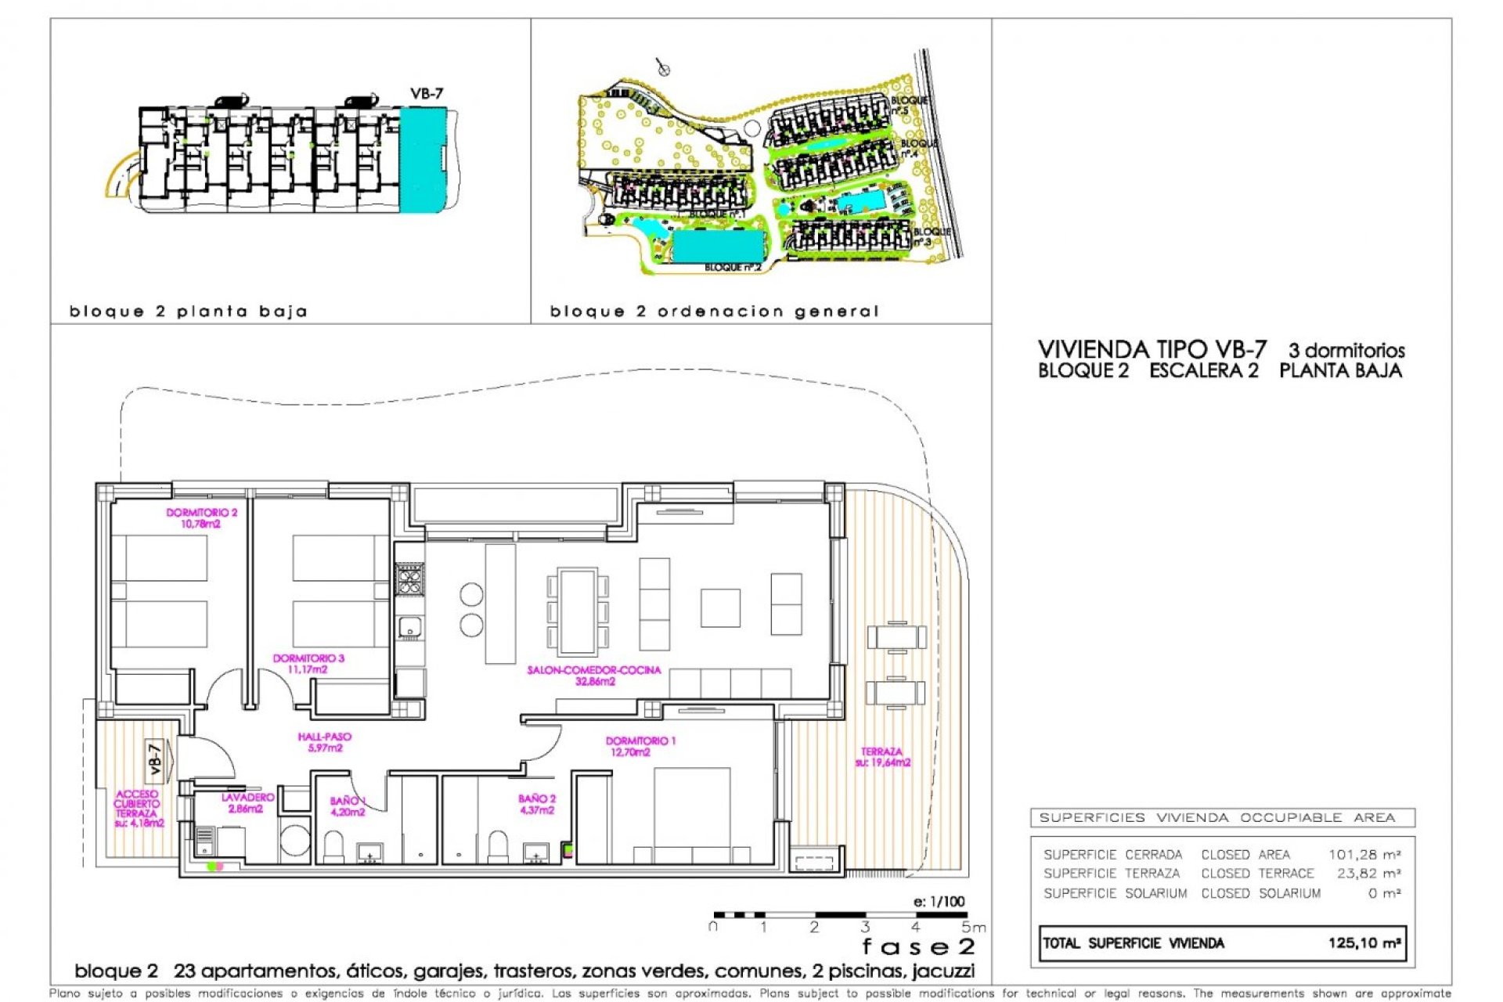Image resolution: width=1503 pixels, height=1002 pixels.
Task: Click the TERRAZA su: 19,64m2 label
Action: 882,757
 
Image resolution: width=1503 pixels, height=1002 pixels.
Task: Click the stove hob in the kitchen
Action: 409,580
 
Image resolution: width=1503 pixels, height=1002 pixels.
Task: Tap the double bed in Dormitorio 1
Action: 692,814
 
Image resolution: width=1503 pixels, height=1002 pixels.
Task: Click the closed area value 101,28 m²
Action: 1364,855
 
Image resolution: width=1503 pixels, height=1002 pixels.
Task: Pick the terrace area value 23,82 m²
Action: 1368,874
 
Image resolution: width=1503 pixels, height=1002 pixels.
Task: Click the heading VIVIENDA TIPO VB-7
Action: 1152,350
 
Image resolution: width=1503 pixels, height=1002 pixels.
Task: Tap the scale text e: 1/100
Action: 939,902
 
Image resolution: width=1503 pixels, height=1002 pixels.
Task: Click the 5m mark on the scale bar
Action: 972,928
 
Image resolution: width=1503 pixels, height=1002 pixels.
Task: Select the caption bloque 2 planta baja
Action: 188,312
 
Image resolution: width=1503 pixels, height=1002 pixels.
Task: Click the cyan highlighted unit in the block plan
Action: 422,159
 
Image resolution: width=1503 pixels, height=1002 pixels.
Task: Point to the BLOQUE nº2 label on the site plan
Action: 732,268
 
